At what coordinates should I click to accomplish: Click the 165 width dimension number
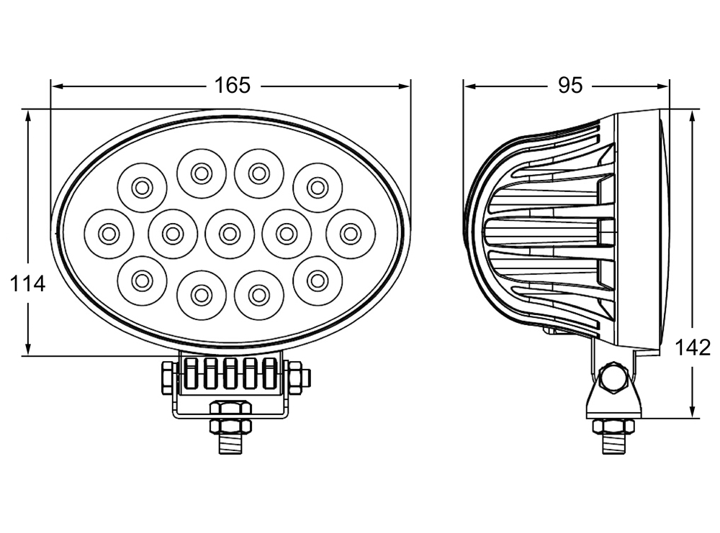coord(233,86)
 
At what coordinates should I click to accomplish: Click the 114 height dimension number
coord(27,284)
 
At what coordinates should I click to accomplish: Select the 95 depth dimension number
coord(570,86)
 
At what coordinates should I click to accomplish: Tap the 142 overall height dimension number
coord(693,347)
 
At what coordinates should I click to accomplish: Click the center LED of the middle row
coord(230,234)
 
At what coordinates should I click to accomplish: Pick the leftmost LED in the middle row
coord(109,234)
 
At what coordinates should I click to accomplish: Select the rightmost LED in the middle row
coord(351,234)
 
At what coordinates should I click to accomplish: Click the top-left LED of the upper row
coord(142,188)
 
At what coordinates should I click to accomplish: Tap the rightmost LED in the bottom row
coord(318,281)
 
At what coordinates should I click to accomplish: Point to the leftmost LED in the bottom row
coord(142,281)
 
